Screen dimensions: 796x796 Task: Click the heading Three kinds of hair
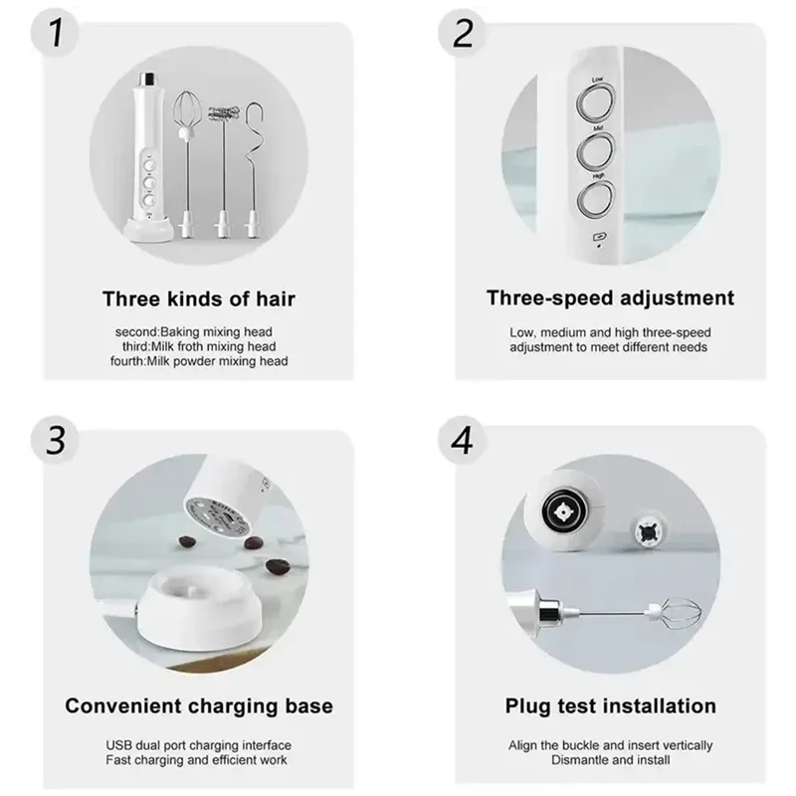(x=200, y=298)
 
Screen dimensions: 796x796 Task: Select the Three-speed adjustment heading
(x=611, y=298)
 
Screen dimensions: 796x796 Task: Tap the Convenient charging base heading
(x=199, y=706)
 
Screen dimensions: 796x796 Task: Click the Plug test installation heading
(x=611, y=706)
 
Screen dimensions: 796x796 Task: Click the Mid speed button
(x=597, y=150)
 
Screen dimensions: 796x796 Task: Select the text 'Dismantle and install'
(x=611, y=760)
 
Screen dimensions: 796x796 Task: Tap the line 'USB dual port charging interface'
(x=200, y=745)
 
